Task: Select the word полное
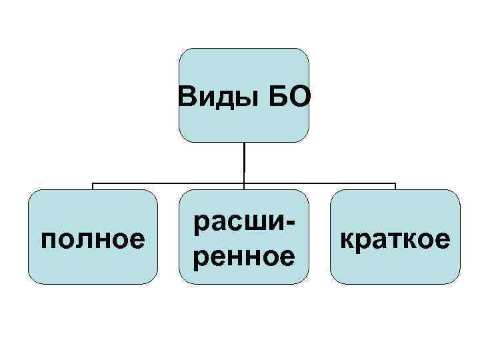[93, 238]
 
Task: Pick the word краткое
[395, 238]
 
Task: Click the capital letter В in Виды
[187, 99]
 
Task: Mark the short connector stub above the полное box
[93, 187]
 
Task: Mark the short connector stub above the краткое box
[395, 187]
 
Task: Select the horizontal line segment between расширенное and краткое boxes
[320, 183]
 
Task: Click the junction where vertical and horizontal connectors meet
[244, 183]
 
